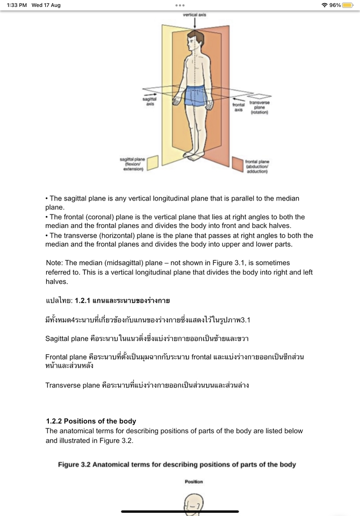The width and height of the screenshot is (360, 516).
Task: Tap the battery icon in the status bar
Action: [x=347, y=5]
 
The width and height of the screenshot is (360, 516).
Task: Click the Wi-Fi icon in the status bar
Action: [x=324, y=5]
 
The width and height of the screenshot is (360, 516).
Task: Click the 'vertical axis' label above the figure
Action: [x=194, y=15]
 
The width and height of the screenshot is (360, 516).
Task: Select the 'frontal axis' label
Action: [x=238, y=107]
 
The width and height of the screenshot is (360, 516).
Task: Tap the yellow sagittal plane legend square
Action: [x=153, y=163]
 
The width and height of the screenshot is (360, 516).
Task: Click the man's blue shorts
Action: [x=195, y=96]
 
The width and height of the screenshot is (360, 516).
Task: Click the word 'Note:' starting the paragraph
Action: [x=55, y=263]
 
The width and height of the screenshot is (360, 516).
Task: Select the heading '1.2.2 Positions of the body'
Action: [x=91, y=421]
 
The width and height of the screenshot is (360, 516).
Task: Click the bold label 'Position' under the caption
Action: [x=193, y=482]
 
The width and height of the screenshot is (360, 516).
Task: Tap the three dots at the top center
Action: [x=180, y=5]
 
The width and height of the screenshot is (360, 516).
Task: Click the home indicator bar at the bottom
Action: [x=180, y=511]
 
